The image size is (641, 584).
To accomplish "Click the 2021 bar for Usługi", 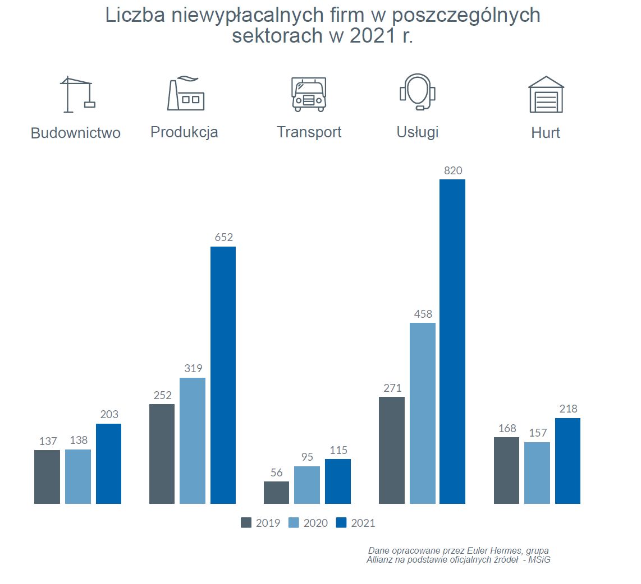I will [x=452, y=341].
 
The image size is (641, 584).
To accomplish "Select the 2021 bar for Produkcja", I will [x=223, y=375].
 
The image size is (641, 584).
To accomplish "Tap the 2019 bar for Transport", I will [x=276, y=492].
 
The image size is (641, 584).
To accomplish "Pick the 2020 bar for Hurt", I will [x=537, y=472].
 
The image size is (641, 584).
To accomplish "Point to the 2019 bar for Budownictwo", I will [x=47, y=476].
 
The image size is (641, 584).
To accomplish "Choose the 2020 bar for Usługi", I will [x=423, y=413].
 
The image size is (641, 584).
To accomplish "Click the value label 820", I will [x=453, y=171].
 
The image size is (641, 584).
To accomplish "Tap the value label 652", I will [x=223, y=238].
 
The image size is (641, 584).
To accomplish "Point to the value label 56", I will [x=276, y=472].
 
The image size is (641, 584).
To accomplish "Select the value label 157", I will [x=537, y=433].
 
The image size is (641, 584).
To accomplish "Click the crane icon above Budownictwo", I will [x=77, y=94].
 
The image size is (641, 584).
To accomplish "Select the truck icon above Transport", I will [x=309, y=94].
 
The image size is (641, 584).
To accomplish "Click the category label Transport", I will [x=309, y=132].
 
